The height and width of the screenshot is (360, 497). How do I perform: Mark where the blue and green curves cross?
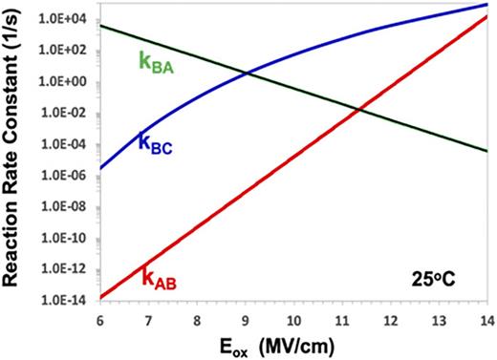click(248, 74)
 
